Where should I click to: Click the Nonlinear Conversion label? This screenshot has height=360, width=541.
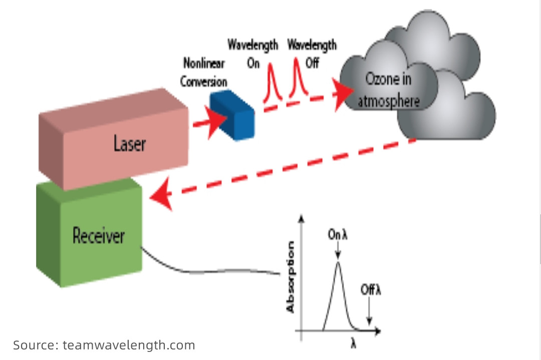204,72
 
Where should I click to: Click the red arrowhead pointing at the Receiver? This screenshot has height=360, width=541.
161,196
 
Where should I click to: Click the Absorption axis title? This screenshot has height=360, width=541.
291,278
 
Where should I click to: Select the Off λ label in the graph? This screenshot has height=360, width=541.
371,290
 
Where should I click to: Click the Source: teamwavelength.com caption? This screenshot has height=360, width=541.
104,345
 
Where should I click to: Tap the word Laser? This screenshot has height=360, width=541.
129,144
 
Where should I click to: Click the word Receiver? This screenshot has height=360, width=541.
98,235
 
